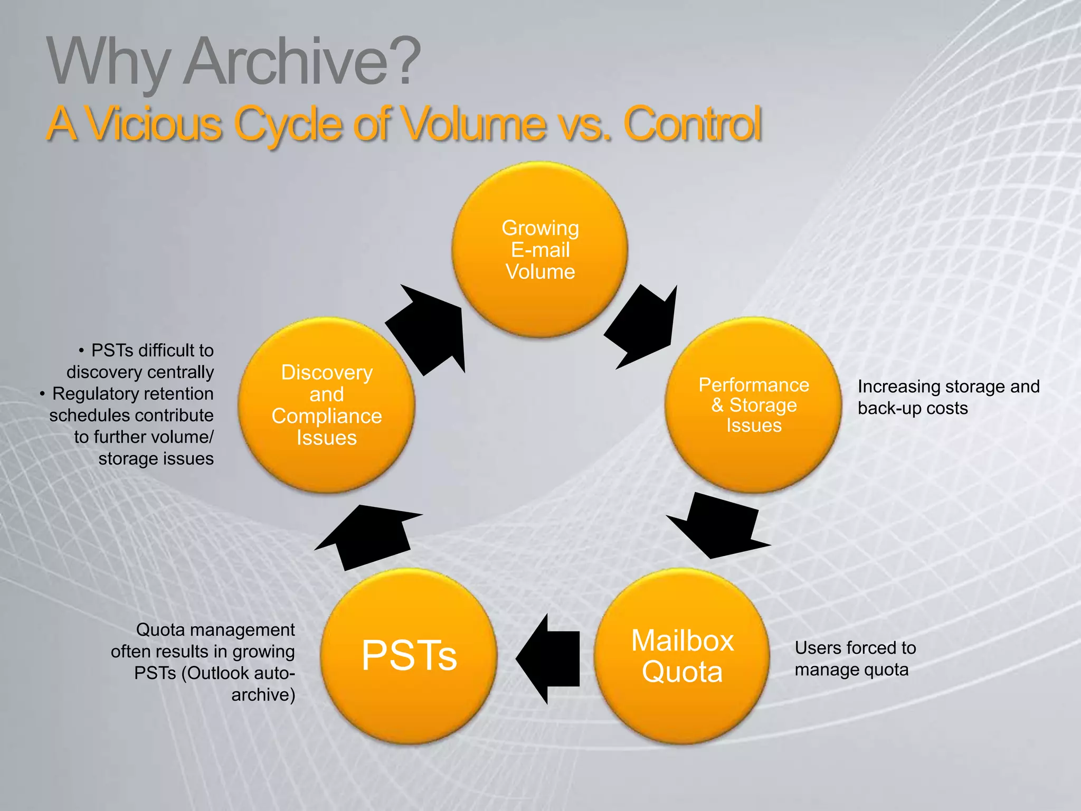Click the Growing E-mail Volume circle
540,249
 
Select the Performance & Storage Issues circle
753,405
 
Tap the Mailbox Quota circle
682,656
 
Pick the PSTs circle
409,656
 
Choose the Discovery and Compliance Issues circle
327,405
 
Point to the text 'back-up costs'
913,408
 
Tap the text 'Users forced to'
855,648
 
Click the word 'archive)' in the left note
263,695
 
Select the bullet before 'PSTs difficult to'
81,351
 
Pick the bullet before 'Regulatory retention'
42,394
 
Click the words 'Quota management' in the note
215,630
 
